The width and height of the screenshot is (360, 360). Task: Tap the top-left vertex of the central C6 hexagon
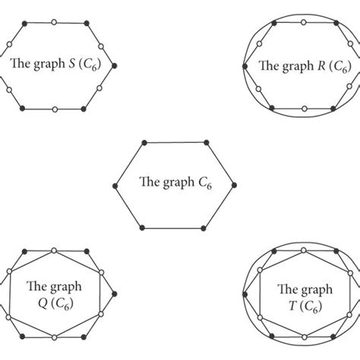(144, 141)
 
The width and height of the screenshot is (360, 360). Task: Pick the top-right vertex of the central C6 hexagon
(205, 141)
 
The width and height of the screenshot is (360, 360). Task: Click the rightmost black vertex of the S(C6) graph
(114, 66)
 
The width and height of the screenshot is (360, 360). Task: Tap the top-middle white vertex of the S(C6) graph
(54, 23)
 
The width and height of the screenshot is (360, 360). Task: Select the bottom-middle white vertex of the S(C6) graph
(54, 110)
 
